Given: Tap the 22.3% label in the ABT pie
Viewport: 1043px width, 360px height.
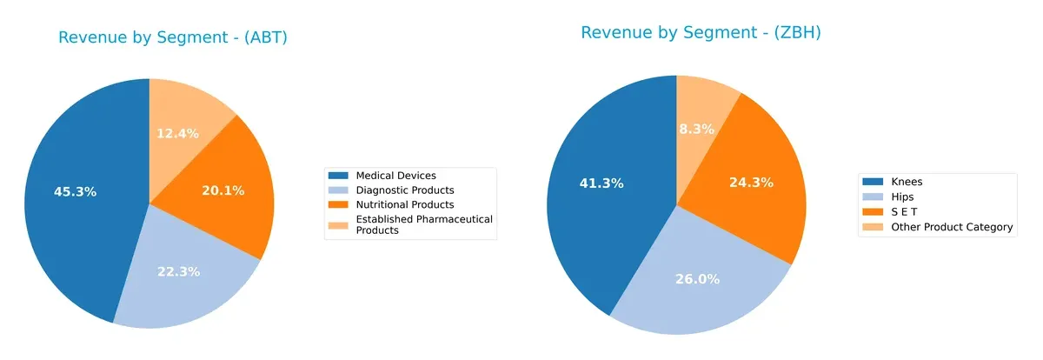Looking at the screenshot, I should (x=178, y=271).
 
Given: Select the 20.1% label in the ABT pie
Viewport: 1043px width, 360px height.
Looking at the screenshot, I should (x=223, y=190).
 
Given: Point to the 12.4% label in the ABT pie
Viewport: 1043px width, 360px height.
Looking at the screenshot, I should (x=177, y=133).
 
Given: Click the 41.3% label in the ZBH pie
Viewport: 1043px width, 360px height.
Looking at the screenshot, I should (x=601, y=183).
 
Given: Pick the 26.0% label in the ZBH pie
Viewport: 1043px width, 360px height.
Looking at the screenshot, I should (x=697, y=279).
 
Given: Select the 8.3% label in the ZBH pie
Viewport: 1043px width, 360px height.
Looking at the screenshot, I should (x=696, y=129).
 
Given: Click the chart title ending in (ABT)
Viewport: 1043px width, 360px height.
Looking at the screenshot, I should (x=172, y=37).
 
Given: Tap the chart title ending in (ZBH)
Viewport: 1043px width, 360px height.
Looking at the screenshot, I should (x=701, y=33).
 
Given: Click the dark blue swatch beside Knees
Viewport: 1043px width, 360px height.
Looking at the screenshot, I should (x=872, y=182).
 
